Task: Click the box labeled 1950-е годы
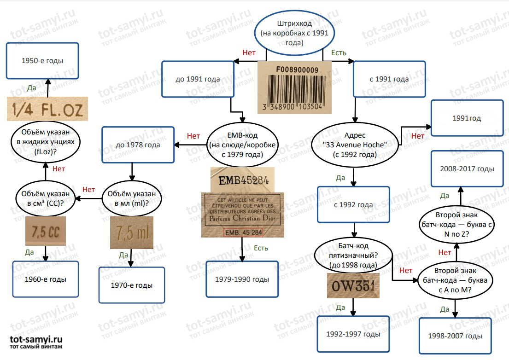coord(42,60)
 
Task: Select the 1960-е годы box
coord(46,279)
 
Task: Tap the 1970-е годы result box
coord(131,285)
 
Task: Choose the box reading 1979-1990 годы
coord(242,279)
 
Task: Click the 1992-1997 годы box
coord(353,334)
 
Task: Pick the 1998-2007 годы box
coord(455,336)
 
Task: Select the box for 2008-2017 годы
coord(467,169)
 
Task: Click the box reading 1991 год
coord(467,118)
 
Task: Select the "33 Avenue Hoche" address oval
coord(355,145)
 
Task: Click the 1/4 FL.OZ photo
coord(47,109)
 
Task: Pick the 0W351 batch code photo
coord(353,286)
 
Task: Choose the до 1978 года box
coord(138,145)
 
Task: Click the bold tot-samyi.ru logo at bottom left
coord(36,342)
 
